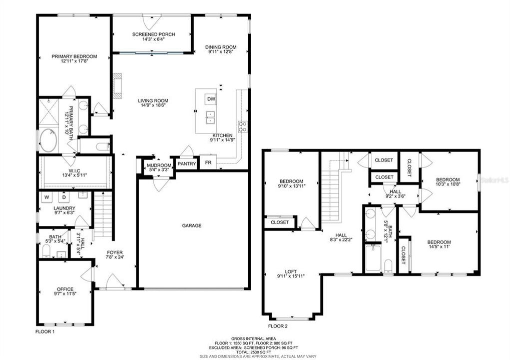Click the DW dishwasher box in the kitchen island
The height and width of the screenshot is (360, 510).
211,99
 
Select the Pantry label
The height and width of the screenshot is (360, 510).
187,163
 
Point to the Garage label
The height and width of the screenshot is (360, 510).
192,225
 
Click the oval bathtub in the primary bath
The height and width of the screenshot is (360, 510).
49,140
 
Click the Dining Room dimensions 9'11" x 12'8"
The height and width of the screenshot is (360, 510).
221,53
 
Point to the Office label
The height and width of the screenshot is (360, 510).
65,289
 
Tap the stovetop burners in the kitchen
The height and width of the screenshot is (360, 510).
243,126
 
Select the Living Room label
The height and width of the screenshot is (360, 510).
153,100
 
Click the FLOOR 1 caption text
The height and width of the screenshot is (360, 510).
45,331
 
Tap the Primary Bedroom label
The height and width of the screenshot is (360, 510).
74,56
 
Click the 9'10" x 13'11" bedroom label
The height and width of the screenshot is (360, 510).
291,183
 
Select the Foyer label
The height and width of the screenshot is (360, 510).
114,252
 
